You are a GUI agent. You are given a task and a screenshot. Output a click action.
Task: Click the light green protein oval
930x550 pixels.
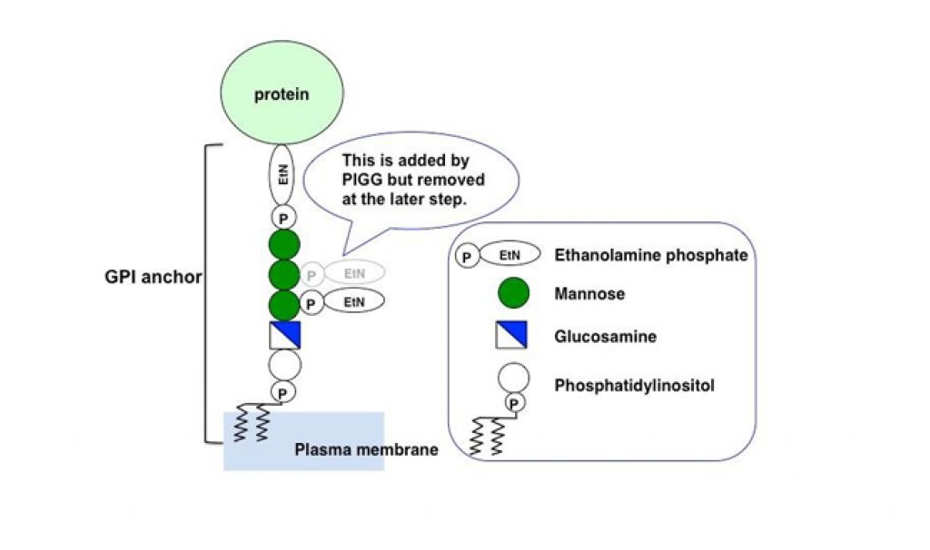283,94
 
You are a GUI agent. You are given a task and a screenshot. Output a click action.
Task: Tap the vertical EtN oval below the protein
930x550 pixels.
283,176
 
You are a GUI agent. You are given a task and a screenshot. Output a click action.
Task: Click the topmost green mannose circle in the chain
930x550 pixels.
283,245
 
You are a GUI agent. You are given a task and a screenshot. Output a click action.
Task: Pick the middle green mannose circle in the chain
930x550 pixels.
283,274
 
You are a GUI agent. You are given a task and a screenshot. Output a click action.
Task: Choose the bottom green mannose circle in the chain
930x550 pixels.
283,304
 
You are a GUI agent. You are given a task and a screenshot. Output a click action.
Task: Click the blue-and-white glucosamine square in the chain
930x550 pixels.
284,335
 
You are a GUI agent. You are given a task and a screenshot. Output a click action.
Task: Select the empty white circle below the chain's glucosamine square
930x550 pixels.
283,365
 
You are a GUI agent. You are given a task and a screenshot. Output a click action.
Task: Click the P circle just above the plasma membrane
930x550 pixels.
283,392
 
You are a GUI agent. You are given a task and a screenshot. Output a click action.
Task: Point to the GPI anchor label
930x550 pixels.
153,277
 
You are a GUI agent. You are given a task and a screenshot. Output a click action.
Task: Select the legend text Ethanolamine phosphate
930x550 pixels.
650,255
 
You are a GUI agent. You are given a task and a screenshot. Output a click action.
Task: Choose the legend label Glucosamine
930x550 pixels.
605,337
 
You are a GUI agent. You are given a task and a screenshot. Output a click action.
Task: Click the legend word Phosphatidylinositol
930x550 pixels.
635,386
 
